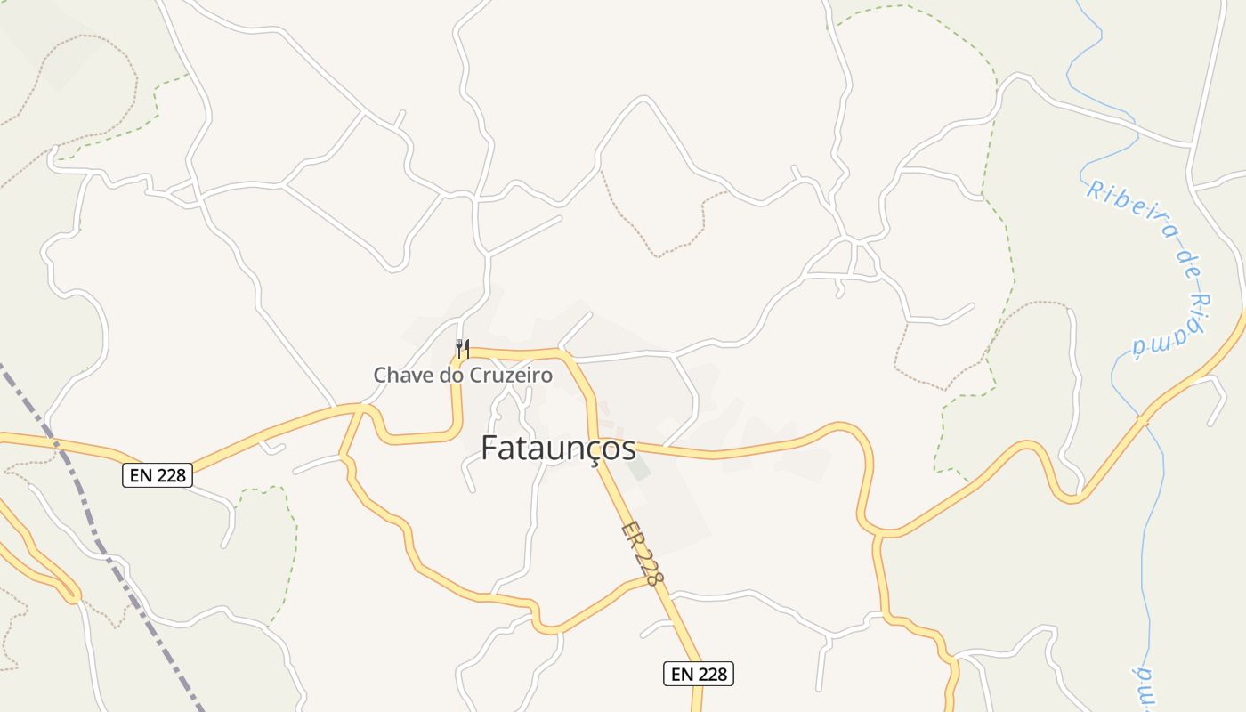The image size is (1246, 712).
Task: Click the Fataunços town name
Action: (558, 449)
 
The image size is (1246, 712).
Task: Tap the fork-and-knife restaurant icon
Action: (462, 347)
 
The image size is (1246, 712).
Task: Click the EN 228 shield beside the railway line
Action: (157, 475)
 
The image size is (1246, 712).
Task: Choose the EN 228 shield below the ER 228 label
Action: (698, 674)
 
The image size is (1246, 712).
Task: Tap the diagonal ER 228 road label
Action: (643, 553)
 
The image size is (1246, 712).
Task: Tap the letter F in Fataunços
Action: (489, 449)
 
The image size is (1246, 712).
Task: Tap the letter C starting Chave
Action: (380, 376)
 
